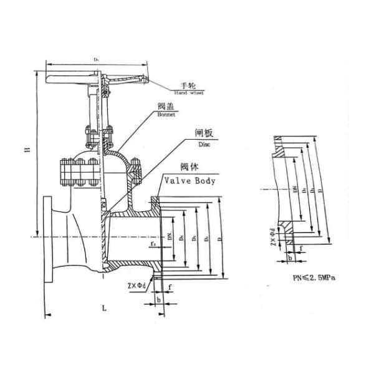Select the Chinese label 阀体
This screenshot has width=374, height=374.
pos(189,168)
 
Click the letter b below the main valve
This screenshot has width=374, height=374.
pos(160,300)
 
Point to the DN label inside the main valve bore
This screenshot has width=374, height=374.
pos(169,235)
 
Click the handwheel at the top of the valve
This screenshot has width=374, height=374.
pos(97,71)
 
